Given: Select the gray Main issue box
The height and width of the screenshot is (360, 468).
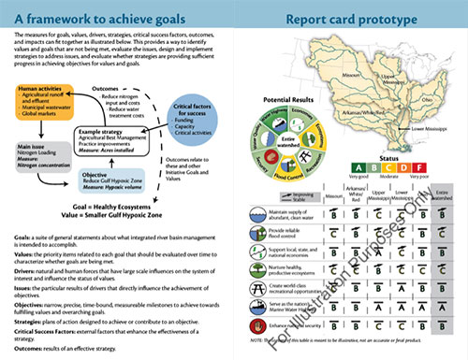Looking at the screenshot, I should point(35,153).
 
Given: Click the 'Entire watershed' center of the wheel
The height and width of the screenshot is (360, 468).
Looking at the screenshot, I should point(285,140).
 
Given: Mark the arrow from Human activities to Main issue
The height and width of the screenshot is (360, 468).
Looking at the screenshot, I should point(36,133).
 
